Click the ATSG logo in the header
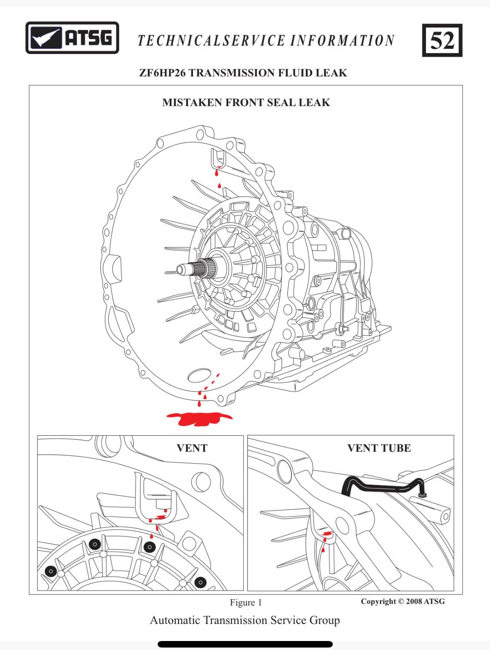(x=72, y=38)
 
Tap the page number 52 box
(x=442, y=41)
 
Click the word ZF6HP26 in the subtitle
(x=162, y=73)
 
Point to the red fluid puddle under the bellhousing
(x=199, y=418)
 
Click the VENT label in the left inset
(x=192, y=448)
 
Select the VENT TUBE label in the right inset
(x=379, y=448)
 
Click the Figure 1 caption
(x=246, y=602)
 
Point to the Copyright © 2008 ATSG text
(x=402, y=601)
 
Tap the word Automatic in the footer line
(x=175, y=620)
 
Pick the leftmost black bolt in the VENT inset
(x=51, y=571)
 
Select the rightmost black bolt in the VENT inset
(x=200, y=582)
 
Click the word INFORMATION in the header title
(x=342, y=41)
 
